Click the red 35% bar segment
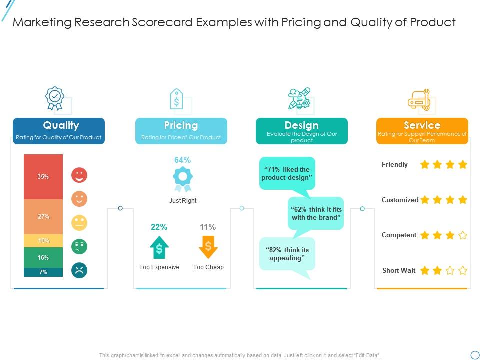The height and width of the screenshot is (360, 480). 43,177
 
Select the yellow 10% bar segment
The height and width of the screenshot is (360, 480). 43,241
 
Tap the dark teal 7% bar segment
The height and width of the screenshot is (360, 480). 43,272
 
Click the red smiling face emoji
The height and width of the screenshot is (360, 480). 79,175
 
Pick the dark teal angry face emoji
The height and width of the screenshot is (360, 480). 79,270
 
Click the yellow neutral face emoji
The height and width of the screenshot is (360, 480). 79,223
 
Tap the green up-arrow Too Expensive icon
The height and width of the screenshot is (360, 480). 159,247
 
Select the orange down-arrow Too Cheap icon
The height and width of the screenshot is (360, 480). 208,247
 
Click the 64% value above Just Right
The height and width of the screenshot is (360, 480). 182,160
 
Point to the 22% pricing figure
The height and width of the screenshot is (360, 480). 159,227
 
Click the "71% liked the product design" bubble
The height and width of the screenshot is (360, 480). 287,174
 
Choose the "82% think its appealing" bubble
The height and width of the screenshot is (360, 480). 287,254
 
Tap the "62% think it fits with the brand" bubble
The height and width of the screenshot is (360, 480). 316,213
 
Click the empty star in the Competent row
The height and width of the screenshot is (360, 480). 463,235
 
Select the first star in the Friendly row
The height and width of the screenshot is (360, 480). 425,165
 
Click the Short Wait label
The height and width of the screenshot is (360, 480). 399,271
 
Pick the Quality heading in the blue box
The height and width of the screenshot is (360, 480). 61,125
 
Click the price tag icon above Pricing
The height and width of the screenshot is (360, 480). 176,99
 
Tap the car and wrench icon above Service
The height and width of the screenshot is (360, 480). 419,100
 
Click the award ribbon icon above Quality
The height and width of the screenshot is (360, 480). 55,98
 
